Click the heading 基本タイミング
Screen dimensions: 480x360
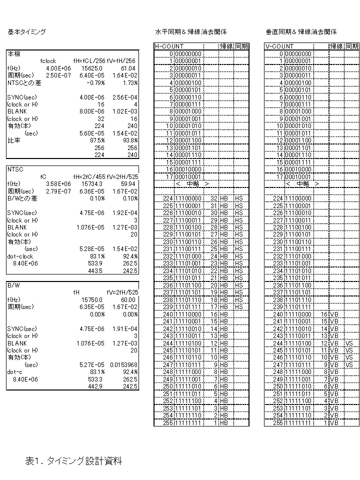tap(26, 31)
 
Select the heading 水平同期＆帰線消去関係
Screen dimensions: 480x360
tap(190, 31)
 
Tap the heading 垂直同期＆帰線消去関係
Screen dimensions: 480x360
tap(301, 31)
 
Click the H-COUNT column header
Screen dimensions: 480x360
tap(169, 46)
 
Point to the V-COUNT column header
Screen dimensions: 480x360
tap(279, 46)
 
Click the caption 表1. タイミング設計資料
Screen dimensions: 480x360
tap(73, 461)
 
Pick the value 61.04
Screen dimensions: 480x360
tap(128, 68)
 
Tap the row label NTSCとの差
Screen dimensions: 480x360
tap(24, 82)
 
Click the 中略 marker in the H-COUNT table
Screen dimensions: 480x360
tap(192, 183)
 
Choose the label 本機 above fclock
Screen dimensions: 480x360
tap(13, 53)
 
